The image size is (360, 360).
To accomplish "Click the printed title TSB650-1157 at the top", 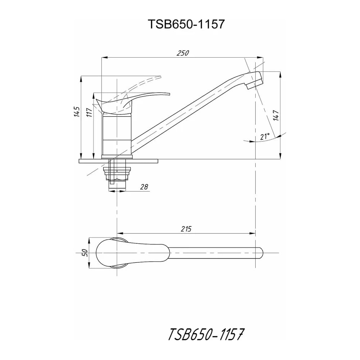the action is click(x=186, y=24).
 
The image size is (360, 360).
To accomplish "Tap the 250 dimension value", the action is click(x=183, y=53).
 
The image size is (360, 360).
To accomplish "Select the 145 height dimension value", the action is click(x=77, y=112).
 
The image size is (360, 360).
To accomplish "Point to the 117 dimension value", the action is click(x=89, y=112).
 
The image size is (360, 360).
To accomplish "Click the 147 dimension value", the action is click(x=276, y=115).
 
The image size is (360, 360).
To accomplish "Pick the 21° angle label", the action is click(x=265, y=136).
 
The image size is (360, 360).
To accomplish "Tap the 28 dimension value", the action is click(x=144, y=187).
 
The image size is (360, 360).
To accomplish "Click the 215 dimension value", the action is click(x=186, y=229).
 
